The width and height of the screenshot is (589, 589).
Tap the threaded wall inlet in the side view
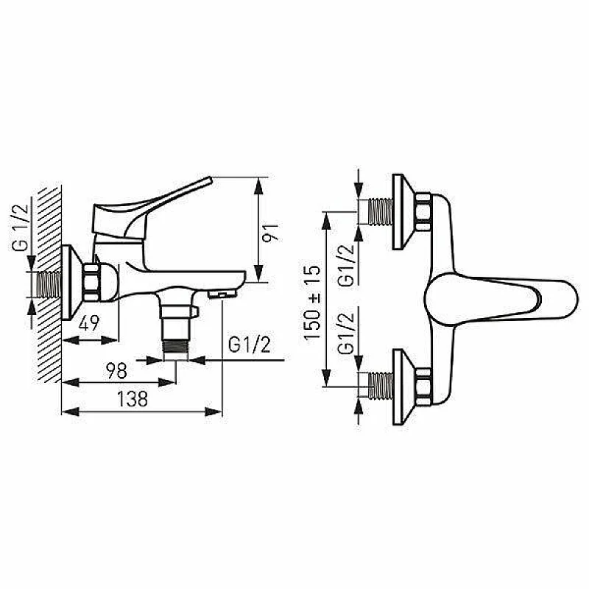[x=47, y=284]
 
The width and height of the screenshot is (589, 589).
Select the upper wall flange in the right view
[x=401, y=214]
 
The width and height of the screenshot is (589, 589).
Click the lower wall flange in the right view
[x=401, y=384]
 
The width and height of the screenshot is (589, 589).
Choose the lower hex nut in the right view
[x=424, y=384]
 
